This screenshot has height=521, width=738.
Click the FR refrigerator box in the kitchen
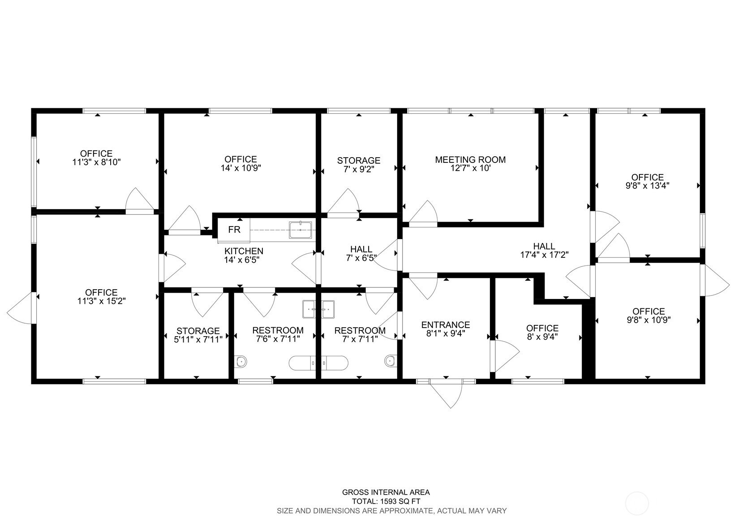click(234, 230)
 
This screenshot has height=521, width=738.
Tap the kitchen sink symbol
click(300, 230)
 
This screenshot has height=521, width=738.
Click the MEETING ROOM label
click(470, 160)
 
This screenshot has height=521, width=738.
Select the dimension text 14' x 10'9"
click(240, 168)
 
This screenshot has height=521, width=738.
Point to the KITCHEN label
click(244, 251)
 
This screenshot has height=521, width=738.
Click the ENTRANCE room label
click(446, 325)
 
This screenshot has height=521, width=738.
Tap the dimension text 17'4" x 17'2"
click(544, 255)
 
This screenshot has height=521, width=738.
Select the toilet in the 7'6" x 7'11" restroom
click(241, 361)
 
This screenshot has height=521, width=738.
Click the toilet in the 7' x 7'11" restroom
click(390, 361)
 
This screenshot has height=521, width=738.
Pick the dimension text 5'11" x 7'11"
click(198, 339)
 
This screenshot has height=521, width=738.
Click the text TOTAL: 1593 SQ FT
click(386, 502)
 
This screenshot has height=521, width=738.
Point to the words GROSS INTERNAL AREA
click(386, 492)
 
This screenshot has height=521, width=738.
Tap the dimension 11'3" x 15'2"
click(101, 301)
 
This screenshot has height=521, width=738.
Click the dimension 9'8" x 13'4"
click(648, 186)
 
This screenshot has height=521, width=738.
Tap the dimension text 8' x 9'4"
click(542, 337)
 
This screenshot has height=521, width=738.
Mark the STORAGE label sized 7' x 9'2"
click(358, 161)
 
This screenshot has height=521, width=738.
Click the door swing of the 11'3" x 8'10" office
click(140, 199)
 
